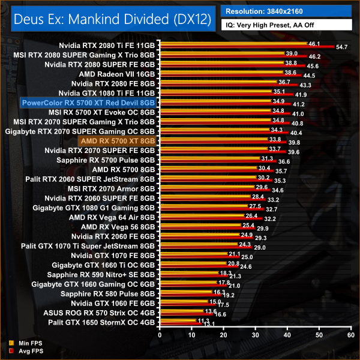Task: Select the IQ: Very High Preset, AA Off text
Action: [x=270, y=25]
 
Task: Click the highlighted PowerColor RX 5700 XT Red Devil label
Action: [x=88, y=103]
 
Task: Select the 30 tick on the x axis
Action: [x=254, y=337]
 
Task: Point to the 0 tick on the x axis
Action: [x=159, y=337]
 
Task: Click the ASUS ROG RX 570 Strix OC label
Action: [x=100, y=313]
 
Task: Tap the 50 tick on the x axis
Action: [x=319, y=337]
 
